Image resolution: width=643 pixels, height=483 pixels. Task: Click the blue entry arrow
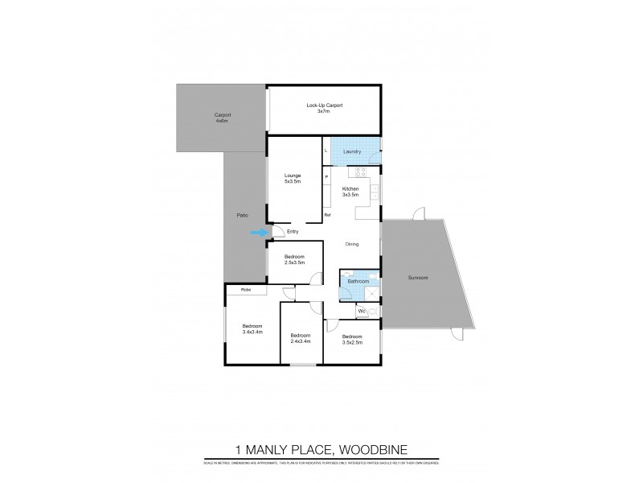click(258, 233)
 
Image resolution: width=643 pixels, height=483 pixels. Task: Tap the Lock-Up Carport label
click(324, 108)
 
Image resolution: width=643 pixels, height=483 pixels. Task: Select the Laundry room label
click(352, 151)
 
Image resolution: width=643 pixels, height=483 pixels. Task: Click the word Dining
click(352, 244)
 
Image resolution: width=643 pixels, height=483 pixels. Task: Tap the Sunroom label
click(417, 278)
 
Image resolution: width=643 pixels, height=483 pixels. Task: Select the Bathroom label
click(358, 281)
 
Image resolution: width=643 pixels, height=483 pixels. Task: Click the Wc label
click(362, 310)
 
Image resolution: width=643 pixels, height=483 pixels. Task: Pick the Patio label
click(241, 217)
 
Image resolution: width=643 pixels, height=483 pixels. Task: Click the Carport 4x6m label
click(223, 118)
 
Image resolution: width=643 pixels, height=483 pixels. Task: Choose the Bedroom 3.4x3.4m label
click(253, 328)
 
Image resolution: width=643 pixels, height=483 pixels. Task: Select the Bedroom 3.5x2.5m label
click(352, 339)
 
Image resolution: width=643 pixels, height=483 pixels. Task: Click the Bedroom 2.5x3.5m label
click(294, 260)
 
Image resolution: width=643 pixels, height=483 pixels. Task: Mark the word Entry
click(293, 232)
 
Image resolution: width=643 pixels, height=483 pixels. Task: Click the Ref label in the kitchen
click(327, 215)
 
